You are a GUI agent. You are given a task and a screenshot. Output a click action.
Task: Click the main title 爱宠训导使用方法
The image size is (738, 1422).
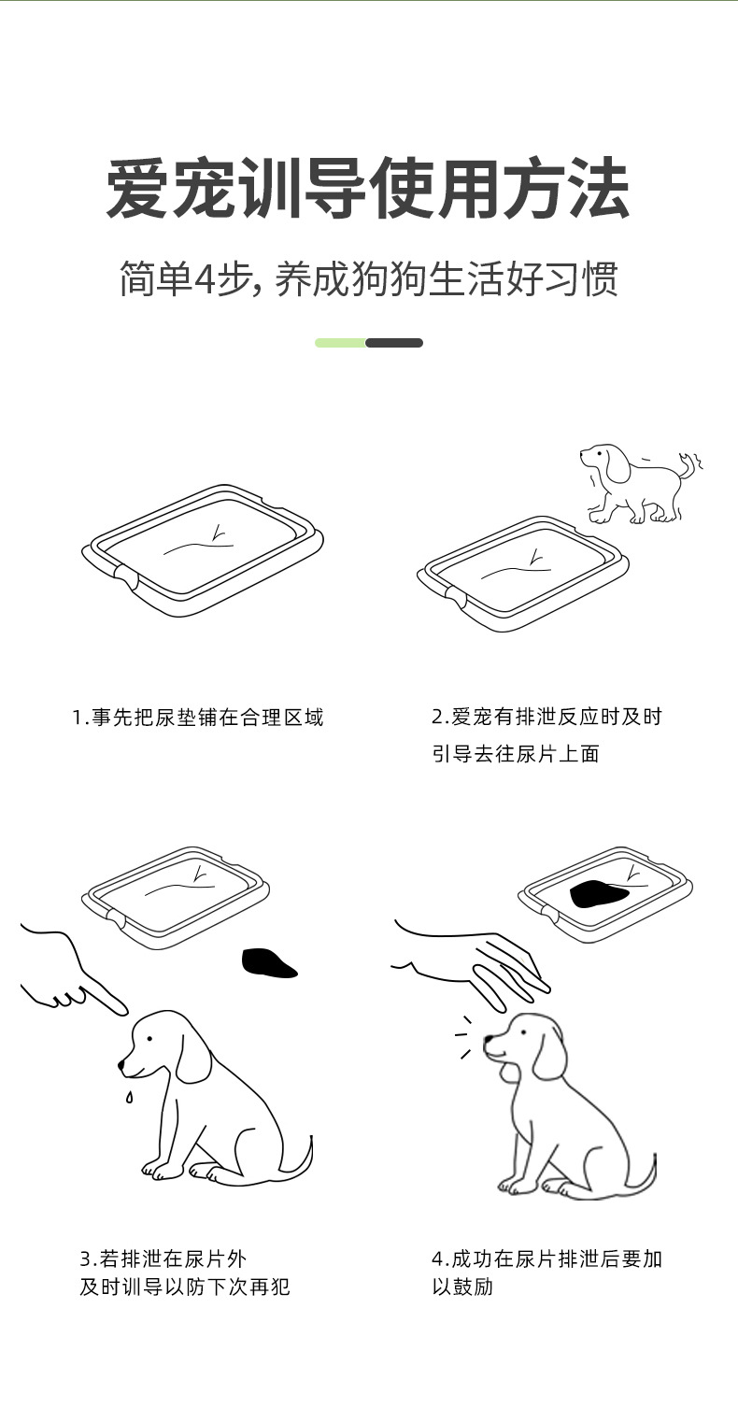pos(368,190)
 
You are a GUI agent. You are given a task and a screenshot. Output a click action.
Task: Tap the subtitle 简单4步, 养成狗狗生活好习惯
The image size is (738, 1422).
pos(368,278)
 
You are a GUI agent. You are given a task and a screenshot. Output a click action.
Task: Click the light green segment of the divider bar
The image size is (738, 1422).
pos(340,343)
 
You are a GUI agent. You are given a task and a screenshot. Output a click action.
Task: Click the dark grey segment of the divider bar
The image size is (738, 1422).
pos(394,343)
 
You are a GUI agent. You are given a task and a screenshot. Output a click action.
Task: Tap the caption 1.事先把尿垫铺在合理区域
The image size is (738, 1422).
pos(198,718)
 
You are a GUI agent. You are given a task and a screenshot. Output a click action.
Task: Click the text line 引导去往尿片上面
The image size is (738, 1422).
pos(515,754)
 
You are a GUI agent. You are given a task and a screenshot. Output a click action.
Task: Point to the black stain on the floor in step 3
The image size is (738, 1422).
pos(267,963)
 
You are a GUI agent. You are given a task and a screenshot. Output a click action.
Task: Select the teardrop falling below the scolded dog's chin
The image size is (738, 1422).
pos(129,1096)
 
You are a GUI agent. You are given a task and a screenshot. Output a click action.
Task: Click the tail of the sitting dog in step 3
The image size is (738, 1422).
pos(301,1159)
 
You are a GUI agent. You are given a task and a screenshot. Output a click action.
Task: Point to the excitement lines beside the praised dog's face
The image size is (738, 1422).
pos(463,1036)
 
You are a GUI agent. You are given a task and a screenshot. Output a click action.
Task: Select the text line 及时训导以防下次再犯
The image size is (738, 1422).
pos(184,1287)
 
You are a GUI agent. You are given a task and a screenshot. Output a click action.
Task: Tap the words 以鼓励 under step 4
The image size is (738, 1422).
pos(461,1287)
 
